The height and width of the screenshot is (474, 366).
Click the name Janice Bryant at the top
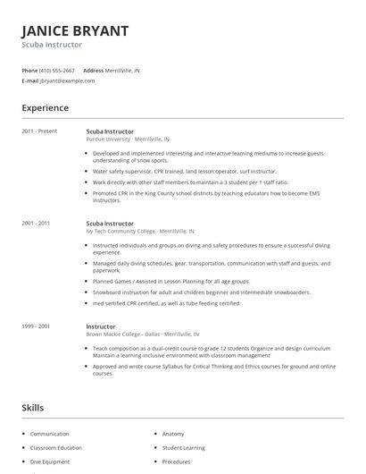[x=75, y=30]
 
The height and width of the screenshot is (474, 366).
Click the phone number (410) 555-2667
[x=57, y=70]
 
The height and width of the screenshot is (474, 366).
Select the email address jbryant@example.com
[x=68, y=80]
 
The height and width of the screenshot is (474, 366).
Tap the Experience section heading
[x=46, y=108]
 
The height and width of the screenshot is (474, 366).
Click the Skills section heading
[x=34, y=407]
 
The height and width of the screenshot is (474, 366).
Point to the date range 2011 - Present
[x=39, y=131]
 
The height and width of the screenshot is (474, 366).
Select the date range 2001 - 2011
[x=37, y=223]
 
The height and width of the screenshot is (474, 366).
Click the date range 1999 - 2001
[x=37, y=326]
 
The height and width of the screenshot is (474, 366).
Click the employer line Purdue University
[x=128, y=140]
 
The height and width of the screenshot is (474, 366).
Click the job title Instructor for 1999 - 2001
[x=101, y=326]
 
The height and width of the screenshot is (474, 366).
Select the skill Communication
[x=50, y=434]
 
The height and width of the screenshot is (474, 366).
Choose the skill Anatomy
[x=173, y=434]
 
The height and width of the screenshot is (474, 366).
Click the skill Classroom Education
[x=56, y=447]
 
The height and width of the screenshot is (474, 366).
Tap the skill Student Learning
[x=184, y=447]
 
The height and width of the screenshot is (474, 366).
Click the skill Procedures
[x=176, y=461]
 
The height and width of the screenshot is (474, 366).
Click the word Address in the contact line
[x=93, y=70]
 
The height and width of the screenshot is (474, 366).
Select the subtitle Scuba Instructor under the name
[x=52, y=45]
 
